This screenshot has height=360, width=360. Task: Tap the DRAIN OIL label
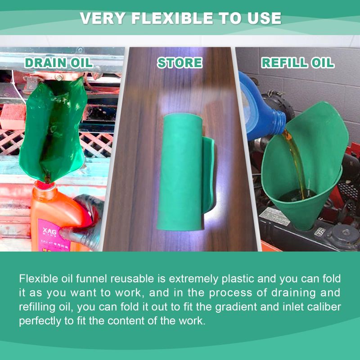pyautogui.click(x=58, y=63)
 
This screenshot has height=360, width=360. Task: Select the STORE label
pyautogui.click(x=180, y=63)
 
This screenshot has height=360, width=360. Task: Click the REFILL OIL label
pyautogui.click(x=298, y=63)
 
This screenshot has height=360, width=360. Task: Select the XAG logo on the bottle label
pyautogui.click(x=47, y=231)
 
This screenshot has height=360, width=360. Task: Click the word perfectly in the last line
pyautogui.click(x=39, y=322)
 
